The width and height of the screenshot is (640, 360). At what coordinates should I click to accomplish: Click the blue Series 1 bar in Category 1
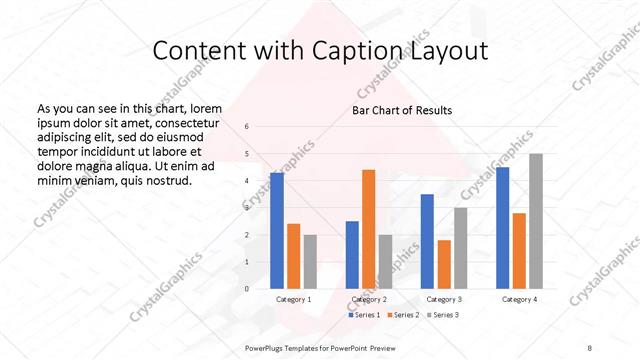[x=277, y=231]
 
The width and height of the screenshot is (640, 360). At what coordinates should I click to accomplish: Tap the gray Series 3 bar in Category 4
[x=536, y=221]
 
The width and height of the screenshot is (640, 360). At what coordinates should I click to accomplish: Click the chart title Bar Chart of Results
[x=401, y=110]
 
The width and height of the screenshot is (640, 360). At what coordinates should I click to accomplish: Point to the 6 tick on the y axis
[x=247, y=127]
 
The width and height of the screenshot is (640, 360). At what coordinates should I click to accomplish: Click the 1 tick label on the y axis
[x=247, y=262]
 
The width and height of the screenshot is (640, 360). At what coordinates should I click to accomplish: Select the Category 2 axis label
[x=369, y=299]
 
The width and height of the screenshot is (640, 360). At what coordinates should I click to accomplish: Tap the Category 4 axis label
[x=519, y=299]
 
